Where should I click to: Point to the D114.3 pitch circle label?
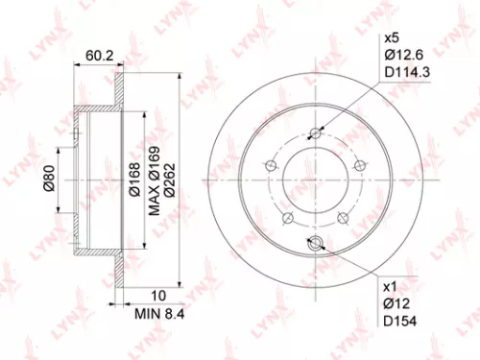point(406,73)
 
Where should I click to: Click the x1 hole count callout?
point(391,286)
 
